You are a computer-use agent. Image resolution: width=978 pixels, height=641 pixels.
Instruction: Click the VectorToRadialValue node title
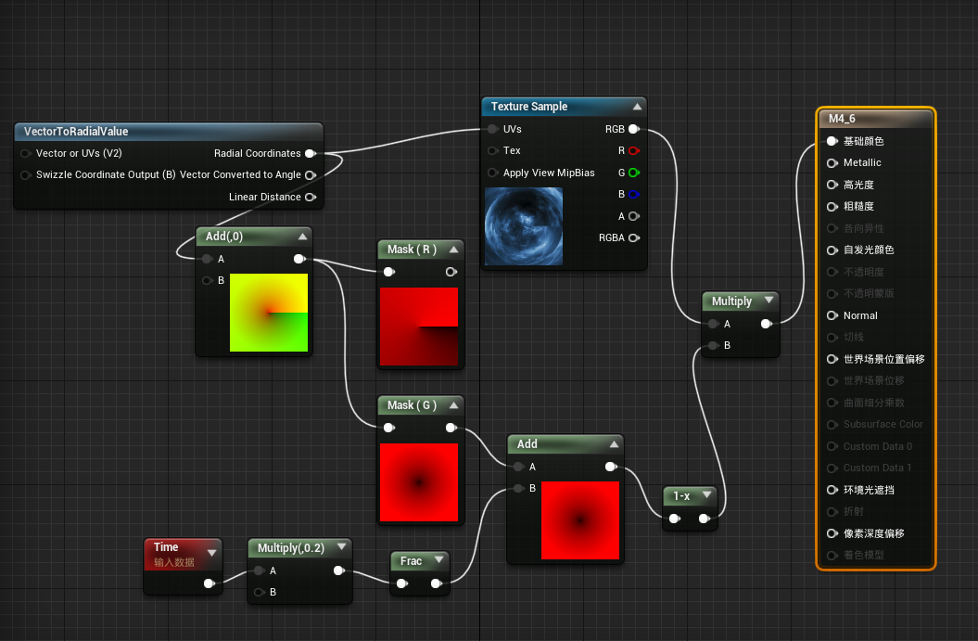[76, 132]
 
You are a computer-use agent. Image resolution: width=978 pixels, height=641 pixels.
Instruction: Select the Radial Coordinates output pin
[310, 153]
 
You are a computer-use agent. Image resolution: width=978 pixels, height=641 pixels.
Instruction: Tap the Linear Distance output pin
[310, 197]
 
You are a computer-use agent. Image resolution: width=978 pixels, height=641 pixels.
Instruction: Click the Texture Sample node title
[529, 107]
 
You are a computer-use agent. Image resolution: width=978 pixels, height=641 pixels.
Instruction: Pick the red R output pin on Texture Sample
[633, 150]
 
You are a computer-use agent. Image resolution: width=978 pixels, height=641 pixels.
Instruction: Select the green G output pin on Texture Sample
[633, 173]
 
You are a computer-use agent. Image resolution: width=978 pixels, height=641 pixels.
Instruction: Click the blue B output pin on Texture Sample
[633, 195]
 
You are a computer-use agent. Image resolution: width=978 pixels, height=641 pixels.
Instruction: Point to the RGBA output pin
[633, 237]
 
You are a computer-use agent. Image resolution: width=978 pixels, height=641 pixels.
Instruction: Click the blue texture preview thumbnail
[524, 226]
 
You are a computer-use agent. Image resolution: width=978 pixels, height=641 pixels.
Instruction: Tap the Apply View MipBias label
[549, 173]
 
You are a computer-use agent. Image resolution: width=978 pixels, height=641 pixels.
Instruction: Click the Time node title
[166, 547]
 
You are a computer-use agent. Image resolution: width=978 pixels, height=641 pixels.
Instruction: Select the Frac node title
[411, 560]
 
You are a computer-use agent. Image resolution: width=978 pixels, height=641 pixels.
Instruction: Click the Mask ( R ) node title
[412, 250]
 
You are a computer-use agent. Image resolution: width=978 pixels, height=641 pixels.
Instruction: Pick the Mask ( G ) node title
[412, 405]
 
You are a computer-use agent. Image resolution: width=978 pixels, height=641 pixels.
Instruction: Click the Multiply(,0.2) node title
[290, 548]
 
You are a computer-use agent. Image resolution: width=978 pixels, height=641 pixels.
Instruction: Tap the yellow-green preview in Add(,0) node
[269, 313]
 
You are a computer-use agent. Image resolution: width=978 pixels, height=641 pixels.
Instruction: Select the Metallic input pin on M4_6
[832, 163]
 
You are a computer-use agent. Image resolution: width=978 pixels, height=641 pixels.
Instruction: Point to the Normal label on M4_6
[860, 315]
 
